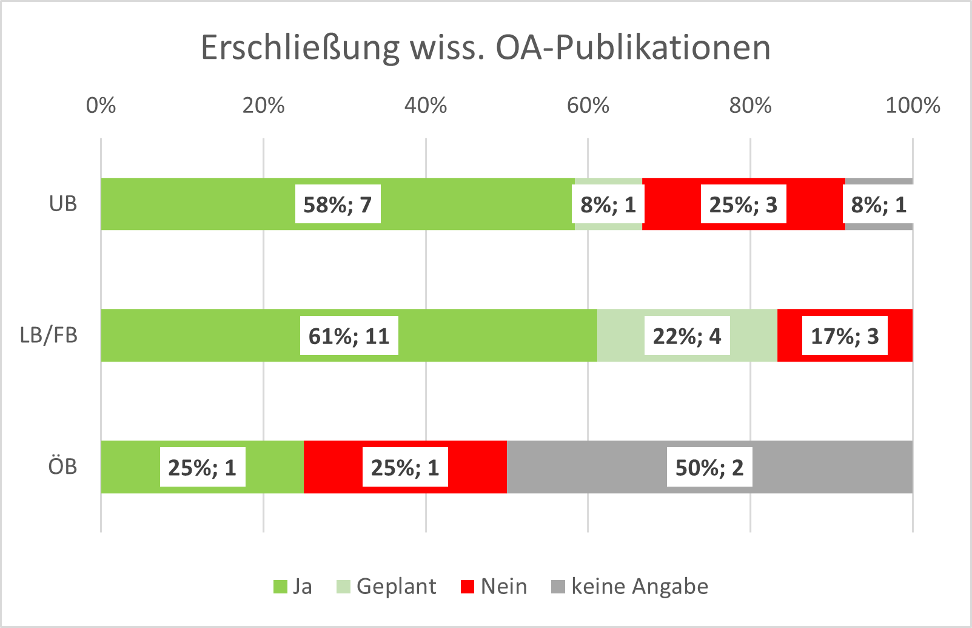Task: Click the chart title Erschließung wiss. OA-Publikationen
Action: [x=485, y=47]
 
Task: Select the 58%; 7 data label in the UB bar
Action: [x=338, y=204]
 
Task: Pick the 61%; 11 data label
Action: [x=349, y=336]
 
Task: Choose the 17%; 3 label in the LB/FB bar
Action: [x=845, y=336]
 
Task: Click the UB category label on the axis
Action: [x=63, y=204]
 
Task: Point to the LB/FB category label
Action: [x=49, y=336]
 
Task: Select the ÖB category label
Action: [x=63, y=467]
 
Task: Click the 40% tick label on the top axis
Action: [x=426, y=106]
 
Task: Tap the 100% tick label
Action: [x=913, y=106]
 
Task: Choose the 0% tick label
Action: [x=101, y=106]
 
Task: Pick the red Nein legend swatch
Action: [x=468, y=587]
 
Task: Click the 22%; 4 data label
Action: [x=687, y=336]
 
